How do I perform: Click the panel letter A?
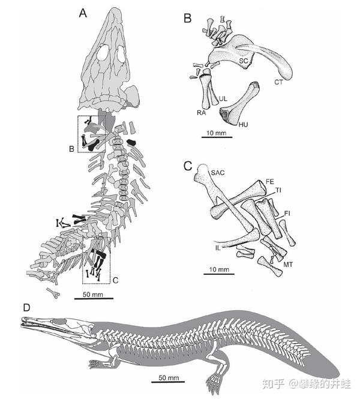coord(84,11)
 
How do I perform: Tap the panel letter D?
coord(26,307)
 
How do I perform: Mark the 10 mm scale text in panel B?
coord(213,131)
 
